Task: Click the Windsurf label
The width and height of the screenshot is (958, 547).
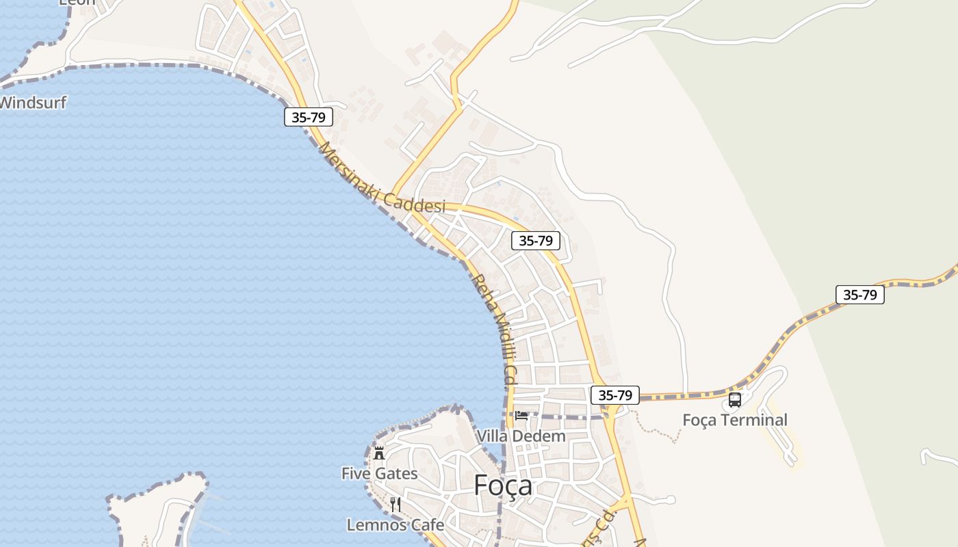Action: (33, 103)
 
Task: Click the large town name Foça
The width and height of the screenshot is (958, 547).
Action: (503, 485)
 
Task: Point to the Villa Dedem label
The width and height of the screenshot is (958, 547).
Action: (521, 436)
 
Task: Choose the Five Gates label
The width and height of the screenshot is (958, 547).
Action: (379, 473)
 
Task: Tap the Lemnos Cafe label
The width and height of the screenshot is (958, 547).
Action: (395, 525)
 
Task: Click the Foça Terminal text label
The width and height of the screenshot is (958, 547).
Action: (735, 420)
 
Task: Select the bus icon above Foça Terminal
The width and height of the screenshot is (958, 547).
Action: (735, 400)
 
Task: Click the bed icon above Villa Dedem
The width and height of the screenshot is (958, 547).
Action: (521, 415)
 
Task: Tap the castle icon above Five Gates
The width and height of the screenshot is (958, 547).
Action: (379, 453)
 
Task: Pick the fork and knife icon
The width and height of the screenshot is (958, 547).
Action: (395, 505)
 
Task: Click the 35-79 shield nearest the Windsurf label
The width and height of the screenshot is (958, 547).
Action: (309, 117)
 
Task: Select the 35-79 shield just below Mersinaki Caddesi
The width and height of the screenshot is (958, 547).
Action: (536, 240)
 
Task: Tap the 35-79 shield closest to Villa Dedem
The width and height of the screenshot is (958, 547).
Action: (615, 395)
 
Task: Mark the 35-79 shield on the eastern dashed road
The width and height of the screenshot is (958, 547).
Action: (860, 295)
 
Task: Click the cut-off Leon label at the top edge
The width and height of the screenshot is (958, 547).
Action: (77, 2)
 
